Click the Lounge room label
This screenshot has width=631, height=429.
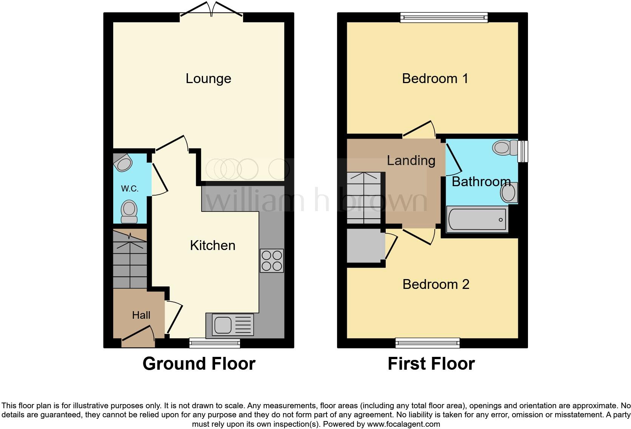[208, 79]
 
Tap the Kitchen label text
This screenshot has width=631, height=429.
[212, 245]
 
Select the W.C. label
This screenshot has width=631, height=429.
[129, 188]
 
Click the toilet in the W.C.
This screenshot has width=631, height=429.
[129, 211]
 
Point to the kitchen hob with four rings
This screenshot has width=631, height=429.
[272, 261]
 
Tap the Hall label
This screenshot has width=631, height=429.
[141, 315]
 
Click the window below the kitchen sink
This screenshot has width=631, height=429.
[215, 343]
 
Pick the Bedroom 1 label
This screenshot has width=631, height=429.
[435, 79]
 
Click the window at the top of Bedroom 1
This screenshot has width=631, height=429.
[444, 17]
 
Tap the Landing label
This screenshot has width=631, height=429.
[411, 160]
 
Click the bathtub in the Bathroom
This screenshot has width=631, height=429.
[477, 219]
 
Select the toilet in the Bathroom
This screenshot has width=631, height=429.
[505, 148]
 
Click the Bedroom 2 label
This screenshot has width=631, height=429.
[436, 284]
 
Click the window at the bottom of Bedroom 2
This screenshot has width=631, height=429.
[428, 343]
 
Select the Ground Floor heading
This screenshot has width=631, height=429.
[199, 364]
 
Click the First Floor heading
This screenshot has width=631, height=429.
[431, 364]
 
